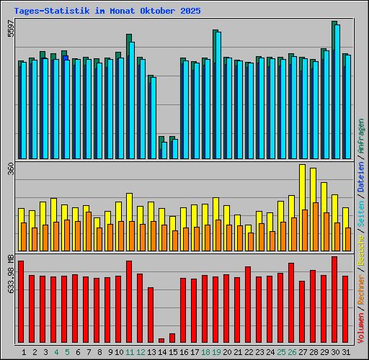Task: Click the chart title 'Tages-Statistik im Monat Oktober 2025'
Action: (107, 12)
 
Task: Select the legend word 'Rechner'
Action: (361, 291)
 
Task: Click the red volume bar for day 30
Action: (334, 300)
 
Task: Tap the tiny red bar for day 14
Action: (161, 341)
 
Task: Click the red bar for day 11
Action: (129, 302)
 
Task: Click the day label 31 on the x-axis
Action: (346, 352)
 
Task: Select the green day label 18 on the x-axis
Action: (205, 352)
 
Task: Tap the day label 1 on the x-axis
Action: (24, 352)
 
